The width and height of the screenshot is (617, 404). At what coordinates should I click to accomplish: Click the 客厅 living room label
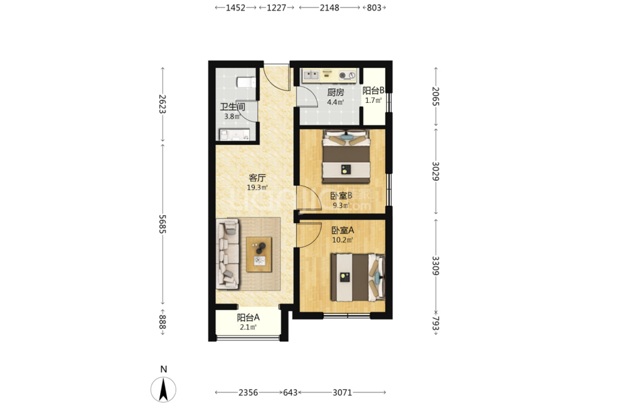257,178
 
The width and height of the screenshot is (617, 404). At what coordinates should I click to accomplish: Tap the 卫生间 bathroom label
232,107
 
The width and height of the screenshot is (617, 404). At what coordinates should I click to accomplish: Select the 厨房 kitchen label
336,92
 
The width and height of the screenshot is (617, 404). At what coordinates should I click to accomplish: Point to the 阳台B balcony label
373,90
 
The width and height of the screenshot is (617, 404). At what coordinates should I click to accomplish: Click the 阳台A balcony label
248,317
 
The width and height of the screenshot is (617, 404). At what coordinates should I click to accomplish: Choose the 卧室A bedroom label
343,230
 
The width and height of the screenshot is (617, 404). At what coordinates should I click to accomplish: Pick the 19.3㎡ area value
257,188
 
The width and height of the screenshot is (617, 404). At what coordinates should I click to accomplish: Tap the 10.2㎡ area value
343,240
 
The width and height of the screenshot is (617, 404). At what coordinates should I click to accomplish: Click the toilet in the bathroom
246,82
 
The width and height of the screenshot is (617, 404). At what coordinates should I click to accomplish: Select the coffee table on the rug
259,254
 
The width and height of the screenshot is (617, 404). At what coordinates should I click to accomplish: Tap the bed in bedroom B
347,156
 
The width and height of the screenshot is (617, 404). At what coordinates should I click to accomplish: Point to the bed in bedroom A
357,277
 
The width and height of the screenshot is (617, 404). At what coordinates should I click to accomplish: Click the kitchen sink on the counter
310,75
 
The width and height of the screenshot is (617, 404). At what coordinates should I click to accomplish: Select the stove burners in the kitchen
347,75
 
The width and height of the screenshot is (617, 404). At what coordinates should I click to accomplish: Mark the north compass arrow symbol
164,388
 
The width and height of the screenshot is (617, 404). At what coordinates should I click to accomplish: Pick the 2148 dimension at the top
329,7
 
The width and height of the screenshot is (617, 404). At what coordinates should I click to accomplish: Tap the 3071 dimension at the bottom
342,392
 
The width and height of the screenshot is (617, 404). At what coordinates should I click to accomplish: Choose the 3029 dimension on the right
435,171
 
